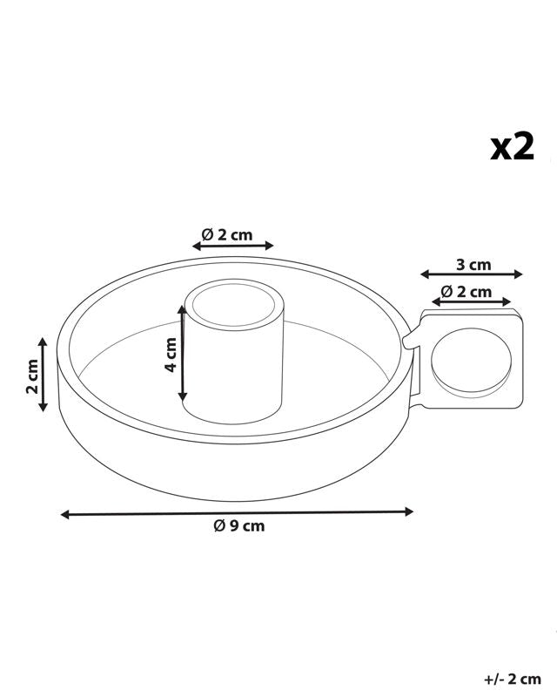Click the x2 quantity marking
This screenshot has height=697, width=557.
click(x=512, y=147)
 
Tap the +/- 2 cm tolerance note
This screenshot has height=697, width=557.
click(x=512, y=680)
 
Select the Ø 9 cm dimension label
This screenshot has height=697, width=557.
click(x=239, y=526)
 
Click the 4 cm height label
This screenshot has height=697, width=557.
click(x=171, y=355)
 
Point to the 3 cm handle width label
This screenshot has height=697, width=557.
click(x=473, y=265)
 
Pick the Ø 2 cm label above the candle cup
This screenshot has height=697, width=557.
click(x=227, y=234)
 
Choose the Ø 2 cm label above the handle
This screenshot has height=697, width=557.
click(x=466, y=292)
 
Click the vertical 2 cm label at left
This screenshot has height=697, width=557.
click(x=32, y=376)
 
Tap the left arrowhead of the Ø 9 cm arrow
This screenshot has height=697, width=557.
click(x=65, y=515)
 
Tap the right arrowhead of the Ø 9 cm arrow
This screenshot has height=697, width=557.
click(x=409, y=512)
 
